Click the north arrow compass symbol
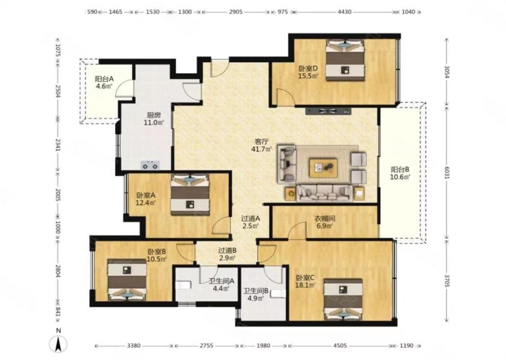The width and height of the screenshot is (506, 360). [x=58, y=344]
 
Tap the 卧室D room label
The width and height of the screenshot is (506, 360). [x=308, y=68]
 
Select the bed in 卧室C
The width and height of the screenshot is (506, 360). [x=343, y=299]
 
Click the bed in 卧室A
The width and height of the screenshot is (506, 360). [x=190, y=195]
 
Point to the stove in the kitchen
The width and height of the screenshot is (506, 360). [x=151, y=165]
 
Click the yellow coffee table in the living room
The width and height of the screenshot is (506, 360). [x=323, y=168]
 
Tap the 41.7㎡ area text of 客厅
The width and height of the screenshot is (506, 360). [x=261, y=149]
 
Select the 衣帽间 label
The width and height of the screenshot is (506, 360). [x=324, y=218]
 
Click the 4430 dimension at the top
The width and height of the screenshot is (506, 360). [x=344, y=12]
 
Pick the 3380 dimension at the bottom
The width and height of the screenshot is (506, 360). [x=133, y=346]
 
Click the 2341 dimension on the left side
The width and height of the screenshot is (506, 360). [x=58, y=146]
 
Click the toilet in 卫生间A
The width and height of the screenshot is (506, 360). [x=183, y=285]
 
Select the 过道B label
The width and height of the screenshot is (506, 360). [x=228, y=250]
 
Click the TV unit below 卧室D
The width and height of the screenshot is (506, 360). [x=328, y=111]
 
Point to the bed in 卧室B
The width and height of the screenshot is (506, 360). [x=127, y=280]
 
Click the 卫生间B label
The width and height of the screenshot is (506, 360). [x=256, y=290]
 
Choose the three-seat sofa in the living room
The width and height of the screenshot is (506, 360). [x=324, y=193]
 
